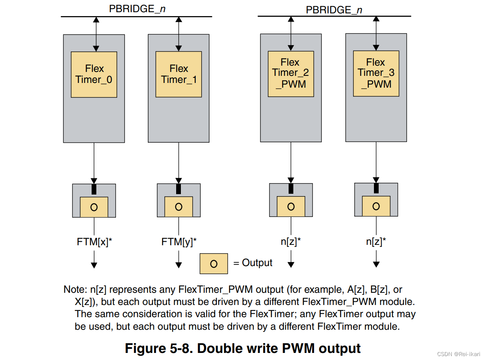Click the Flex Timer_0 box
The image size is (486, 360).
[x=94, y=74]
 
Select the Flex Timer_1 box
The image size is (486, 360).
[x=179, y=74]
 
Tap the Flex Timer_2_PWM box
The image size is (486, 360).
[x=291, y=73]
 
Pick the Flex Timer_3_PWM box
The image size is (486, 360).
[x=376, y=73]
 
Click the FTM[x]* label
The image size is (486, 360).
[x=94, y=242]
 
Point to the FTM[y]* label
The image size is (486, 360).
[x=179, y=242]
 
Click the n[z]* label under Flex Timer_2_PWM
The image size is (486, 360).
[x=291, y=242]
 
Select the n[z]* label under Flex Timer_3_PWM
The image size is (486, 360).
[x=376, y=242]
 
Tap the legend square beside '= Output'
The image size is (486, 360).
[x=214, y=263]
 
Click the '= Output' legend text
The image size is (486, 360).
[x=253, y=263]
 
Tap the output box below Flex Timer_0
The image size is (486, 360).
[x=94, y=207]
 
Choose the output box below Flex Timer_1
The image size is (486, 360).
[x=179, y=207]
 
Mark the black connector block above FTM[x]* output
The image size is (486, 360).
[x=94, y=189]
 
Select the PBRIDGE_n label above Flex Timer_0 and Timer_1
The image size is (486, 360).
[x=137, y=9]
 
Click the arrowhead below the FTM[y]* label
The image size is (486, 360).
[x=179, y=265]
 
